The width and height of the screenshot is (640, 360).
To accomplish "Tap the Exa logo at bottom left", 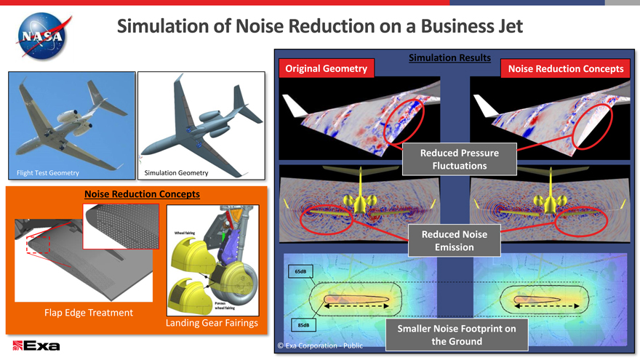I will coord(36,345).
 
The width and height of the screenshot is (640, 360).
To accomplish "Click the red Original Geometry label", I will coord(326,68).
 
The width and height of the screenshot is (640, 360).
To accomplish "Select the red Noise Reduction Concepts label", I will coord(566,68).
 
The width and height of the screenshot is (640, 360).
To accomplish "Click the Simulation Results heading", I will coord(449,57).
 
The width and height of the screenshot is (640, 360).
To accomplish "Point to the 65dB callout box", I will coord(300,272).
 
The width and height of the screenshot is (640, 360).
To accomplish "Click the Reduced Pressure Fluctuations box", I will coord(459,159).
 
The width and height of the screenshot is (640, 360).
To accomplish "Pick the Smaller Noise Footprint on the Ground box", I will coord(456,335).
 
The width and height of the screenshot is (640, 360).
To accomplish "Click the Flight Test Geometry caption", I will coord(48,172).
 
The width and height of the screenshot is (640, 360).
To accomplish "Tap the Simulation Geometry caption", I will coord(176,172).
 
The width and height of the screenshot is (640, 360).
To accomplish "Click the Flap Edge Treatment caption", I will coord(89,312).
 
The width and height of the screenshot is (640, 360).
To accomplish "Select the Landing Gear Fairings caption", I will coord(212,322).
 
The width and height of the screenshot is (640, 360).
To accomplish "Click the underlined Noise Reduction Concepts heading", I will coord(137,194).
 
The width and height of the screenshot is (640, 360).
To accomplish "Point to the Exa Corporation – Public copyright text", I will coord(320,345).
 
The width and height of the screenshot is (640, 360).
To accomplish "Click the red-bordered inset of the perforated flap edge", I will coord(121,225).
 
